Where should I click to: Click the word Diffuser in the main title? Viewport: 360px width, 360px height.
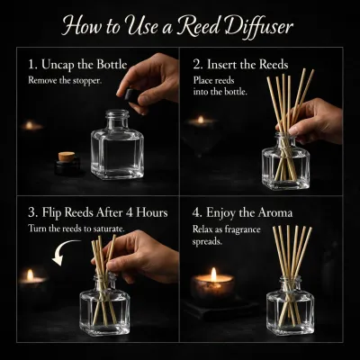pos(259,26)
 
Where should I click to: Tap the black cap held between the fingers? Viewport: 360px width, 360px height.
pos(132,96)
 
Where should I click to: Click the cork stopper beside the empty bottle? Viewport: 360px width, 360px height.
pos(67,157)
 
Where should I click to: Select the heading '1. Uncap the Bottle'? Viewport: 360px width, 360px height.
pos(77,65)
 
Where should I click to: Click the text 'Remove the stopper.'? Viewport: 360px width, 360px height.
pos(65,80)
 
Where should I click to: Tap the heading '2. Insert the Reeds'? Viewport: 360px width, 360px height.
pos(240,65)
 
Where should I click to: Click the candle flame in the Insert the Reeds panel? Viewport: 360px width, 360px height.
pos(201,120)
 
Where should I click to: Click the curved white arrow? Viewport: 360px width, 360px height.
pos(64,251)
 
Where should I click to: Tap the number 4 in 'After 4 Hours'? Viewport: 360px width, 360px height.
pos(130,212)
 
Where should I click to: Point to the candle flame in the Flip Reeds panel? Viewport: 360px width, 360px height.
pos(30,275)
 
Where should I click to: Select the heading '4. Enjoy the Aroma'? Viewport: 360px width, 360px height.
pos(242,212)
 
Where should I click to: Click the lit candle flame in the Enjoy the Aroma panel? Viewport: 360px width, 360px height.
pos(213,274)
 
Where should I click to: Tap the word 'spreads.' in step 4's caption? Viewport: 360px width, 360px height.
pos(207,242)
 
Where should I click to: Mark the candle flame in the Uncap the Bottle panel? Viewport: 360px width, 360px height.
pos(29,125)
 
